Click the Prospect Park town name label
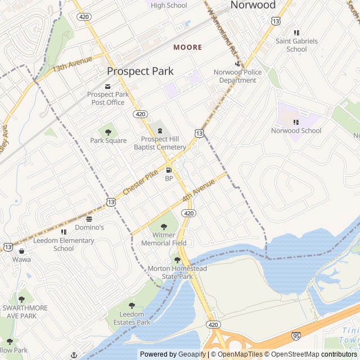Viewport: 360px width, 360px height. coord(140,71)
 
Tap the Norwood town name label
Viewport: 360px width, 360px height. coord(253,6)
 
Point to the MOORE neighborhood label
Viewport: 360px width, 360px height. coord(187,47)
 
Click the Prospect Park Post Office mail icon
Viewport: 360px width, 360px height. coord(108,85)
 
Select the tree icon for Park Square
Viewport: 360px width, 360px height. coord(109,132)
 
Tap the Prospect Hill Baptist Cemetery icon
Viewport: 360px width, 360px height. coord(160,131)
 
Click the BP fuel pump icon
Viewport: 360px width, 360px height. coord(168,170)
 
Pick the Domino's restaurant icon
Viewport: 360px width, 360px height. coord(89,219)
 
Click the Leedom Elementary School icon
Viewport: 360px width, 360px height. coord(64,232)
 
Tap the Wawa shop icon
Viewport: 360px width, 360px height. coord(21,251)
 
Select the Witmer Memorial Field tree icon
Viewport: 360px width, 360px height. coord(164,227)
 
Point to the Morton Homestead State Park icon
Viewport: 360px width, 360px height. coord(177,260)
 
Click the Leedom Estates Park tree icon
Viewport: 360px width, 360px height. coord(132,305)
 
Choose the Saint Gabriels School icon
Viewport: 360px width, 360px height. coord(296,33)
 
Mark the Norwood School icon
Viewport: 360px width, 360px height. coord(296,122)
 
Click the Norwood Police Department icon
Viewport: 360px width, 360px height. coord(238,64)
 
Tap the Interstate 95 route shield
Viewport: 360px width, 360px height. coord(296,336)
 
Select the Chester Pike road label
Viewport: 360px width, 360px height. coord(140,183)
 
